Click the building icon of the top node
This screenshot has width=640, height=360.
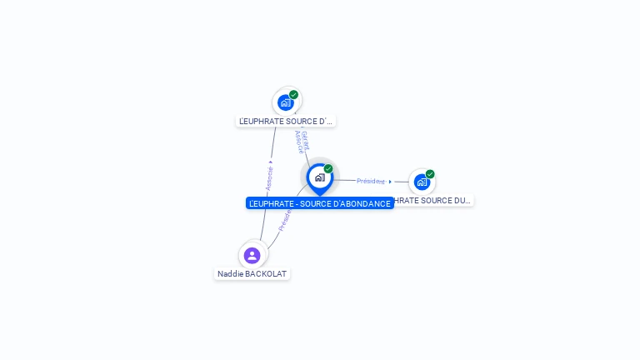click(x=286, y=103)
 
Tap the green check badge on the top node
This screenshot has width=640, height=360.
click(x=294, y=95)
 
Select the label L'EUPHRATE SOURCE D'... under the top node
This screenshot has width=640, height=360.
click(x=286, y=122)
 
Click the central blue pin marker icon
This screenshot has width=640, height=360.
click(x=319, y=177)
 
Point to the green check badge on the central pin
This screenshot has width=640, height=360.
click(x=328, y=169)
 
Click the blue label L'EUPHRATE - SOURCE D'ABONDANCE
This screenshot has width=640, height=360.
click(x=319, y=203)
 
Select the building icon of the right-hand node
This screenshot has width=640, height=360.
click(x=422, y=182)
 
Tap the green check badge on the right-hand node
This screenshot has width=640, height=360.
click(x=430, y=174)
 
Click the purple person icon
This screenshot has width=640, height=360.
click(x=252, y=255)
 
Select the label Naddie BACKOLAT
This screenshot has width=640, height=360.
click(x=252, y=274)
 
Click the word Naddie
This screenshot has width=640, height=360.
click(x=230, y=274)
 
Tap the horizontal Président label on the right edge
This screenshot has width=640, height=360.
click(x=370, y=181)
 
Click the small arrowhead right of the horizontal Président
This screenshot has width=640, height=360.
click(x=390, y=181)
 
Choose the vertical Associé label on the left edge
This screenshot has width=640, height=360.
click(x=269, y=178)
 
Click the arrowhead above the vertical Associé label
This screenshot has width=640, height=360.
click(x=271, y=162)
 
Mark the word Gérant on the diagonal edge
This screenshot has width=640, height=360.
click(x=306, y=139)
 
